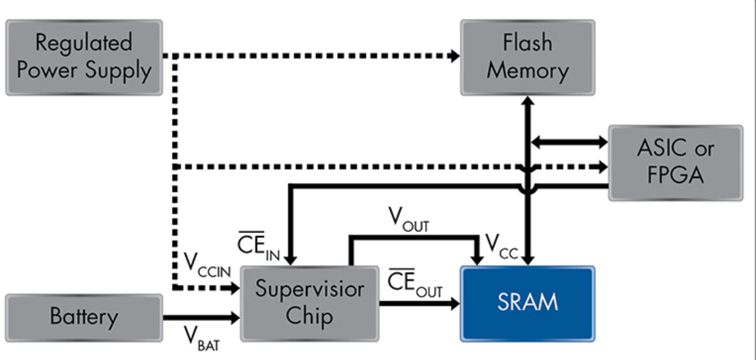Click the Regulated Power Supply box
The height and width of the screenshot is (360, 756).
tap(84, 57)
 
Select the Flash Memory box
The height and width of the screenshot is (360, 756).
tap(527, 57)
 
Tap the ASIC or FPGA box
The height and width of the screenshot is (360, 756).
tap(675, 162)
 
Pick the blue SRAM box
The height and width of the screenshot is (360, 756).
tap(527, 303)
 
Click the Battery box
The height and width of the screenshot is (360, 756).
tap(84, 317)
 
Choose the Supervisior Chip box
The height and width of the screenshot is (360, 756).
tap(309, 303)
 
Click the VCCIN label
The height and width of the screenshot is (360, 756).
tap(206, 266)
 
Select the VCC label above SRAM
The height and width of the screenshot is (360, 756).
tap(501, 245)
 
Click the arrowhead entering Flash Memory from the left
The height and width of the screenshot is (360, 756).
tap(455, 57)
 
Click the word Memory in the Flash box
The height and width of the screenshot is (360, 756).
tap(527, 71)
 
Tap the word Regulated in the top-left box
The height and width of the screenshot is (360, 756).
tap(84, 43)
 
